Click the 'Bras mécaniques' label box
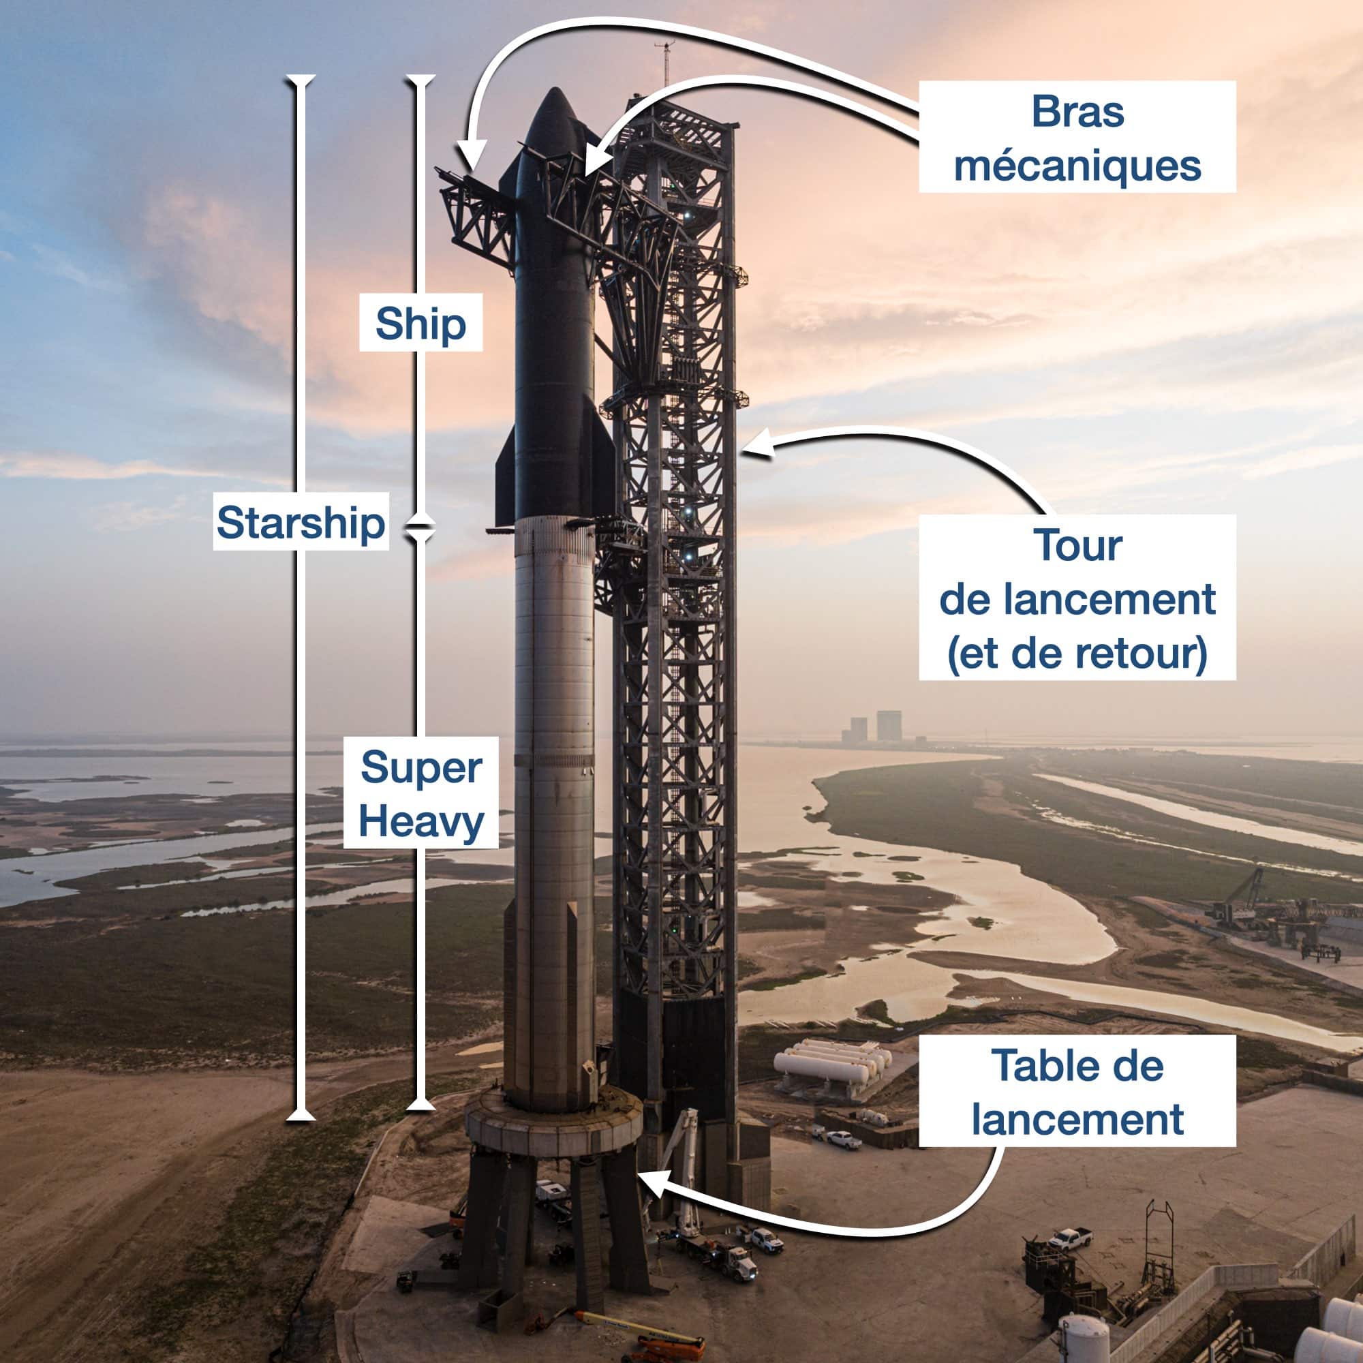click(1077, 136)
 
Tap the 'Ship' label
click(420, 322)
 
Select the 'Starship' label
click(301, 521)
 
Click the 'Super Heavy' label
click(420, 793)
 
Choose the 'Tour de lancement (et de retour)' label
click(1077, 598)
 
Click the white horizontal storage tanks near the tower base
click(833, 1064)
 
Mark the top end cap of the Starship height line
click(301, 77)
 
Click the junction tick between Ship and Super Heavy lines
click(420, 525)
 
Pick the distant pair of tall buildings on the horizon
click(875, 726)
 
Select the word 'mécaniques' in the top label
click(1077, 166)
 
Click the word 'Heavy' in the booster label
click(420, 822)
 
